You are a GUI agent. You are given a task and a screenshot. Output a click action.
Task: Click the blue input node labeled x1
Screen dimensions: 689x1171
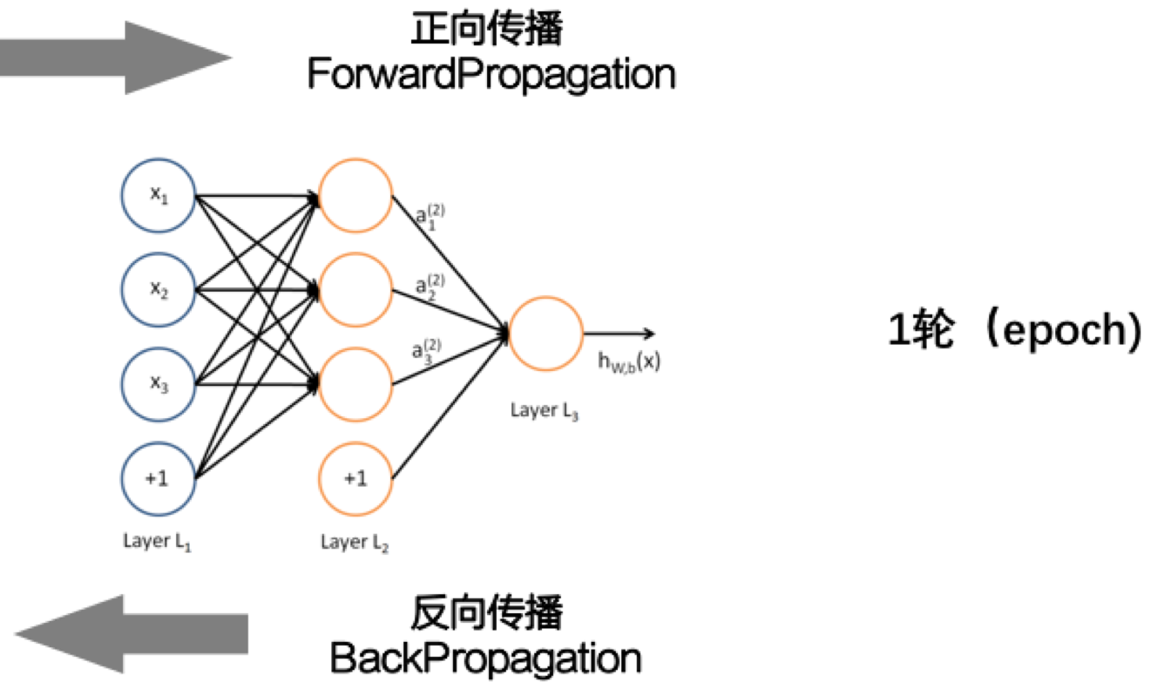pyautogui.click(x=158, y=195)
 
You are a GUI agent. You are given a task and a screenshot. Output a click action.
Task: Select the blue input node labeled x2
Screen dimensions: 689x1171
pyautogui.click(x=158, y=289)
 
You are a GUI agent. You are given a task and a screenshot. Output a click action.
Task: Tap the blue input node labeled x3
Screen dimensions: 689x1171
pyautogui.click(x=158, y=384)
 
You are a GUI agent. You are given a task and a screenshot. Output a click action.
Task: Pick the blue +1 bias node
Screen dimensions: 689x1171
pyautogui.click(x=158, y=478)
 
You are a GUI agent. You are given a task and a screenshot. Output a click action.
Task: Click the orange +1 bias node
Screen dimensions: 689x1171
pyautogui.click(x=355, y=478)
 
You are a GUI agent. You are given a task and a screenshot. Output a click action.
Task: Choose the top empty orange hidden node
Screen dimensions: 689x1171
pyautogui.click(x=355, y=195)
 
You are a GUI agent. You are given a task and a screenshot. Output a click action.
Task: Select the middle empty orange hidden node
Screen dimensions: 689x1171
pyautogui.click(x=355, y=289)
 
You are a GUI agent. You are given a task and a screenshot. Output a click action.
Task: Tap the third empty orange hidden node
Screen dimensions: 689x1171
pyautogui.click(x=355, y=384)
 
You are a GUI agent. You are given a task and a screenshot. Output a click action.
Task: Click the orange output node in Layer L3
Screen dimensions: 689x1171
pyautogui.click(x=545, y=334)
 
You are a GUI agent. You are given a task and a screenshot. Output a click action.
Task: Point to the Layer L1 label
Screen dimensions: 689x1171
pyautogui.click(x=157, y=543)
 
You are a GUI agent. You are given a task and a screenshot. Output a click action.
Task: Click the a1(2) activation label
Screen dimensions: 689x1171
pyautogui.click(x=430, y=216)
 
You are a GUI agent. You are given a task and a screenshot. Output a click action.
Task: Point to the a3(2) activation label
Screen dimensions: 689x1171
pyautogui.click(x=428, y=351)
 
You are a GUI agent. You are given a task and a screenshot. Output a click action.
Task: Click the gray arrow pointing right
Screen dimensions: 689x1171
pyautogui.click(x=122, y=58)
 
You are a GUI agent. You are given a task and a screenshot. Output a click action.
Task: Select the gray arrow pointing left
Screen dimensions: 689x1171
pyautogui.click(x=131, y=633)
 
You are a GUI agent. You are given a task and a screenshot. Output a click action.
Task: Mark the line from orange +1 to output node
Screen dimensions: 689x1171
pyautogui.click(x=449, y=407)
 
